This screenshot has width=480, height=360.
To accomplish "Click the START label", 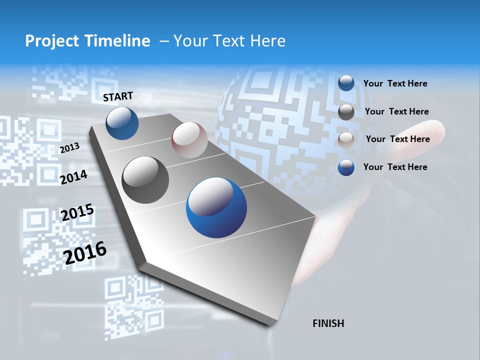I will pos(118,96).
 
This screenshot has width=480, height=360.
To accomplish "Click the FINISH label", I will pos(328,323).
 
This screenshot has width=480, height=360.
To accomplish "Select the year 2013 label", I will pos(69,148).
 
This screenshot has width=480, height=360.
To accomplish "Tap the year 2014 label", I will pos(73,177).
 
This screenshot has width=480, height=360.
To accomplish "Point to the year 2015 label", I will pos(77,212).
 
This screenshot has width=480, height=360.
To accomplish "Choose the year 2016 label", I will pos(85,252).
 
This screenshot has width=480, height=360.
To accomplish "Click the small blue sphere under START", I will pos(122,123).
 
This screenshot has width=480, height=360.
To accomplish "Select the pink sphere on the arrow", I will pos(189,140).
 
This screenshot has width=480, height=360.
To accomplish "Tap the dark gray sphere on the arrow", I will pos(145,180).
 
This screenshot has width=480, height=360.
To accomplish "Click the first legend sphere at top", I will pos(346,83).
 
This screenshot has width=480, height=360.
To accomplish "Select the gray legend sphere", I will pos(346,112).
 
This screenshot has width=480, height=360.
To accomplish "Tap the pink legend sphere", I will pos(346,140).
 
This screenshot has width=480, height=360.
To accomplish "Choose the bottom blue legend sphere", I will pos(346,167).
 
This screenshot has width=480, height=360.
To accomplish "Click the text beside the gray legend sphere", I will pos(396,111).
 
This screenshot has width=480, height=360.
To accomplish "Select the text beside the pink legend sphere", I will pos(397,139).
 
